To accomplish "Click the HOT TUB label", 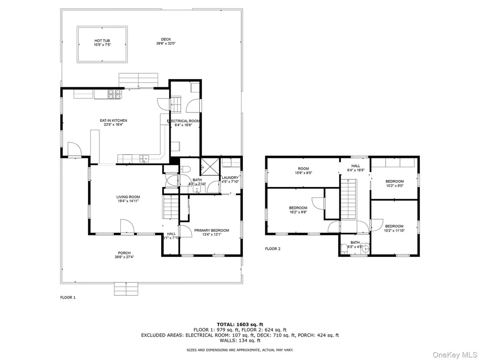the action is tap(102, 43).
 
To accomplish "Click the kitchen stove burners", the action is tap(114, 94).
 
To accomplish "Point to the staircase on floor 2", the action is tap(349, 199).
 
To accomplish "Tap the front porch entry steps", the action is tap(126, 289).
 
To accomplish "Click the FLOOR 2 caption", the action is tap(273, 249).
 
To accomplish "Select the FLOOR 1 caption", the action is tap(67, 298).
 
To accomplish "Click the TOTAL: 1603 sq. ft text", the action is tap(240, 324).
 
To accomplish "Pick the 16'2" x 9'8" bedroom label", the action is tap(298, 210).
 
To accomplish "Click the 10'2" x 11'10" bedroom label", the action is tap(394, 228).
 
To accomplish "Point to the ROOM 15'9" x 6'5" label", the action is tap(303, 171).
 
